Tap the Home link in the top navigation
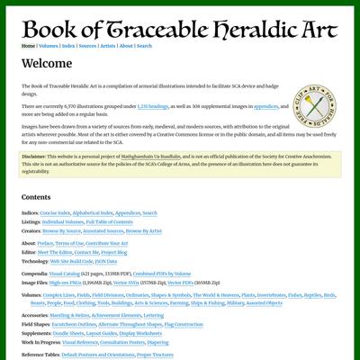(x=28, y=45)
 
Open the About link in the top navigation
(x=126, y=45)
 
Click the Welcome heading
(x=46, y=64)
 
